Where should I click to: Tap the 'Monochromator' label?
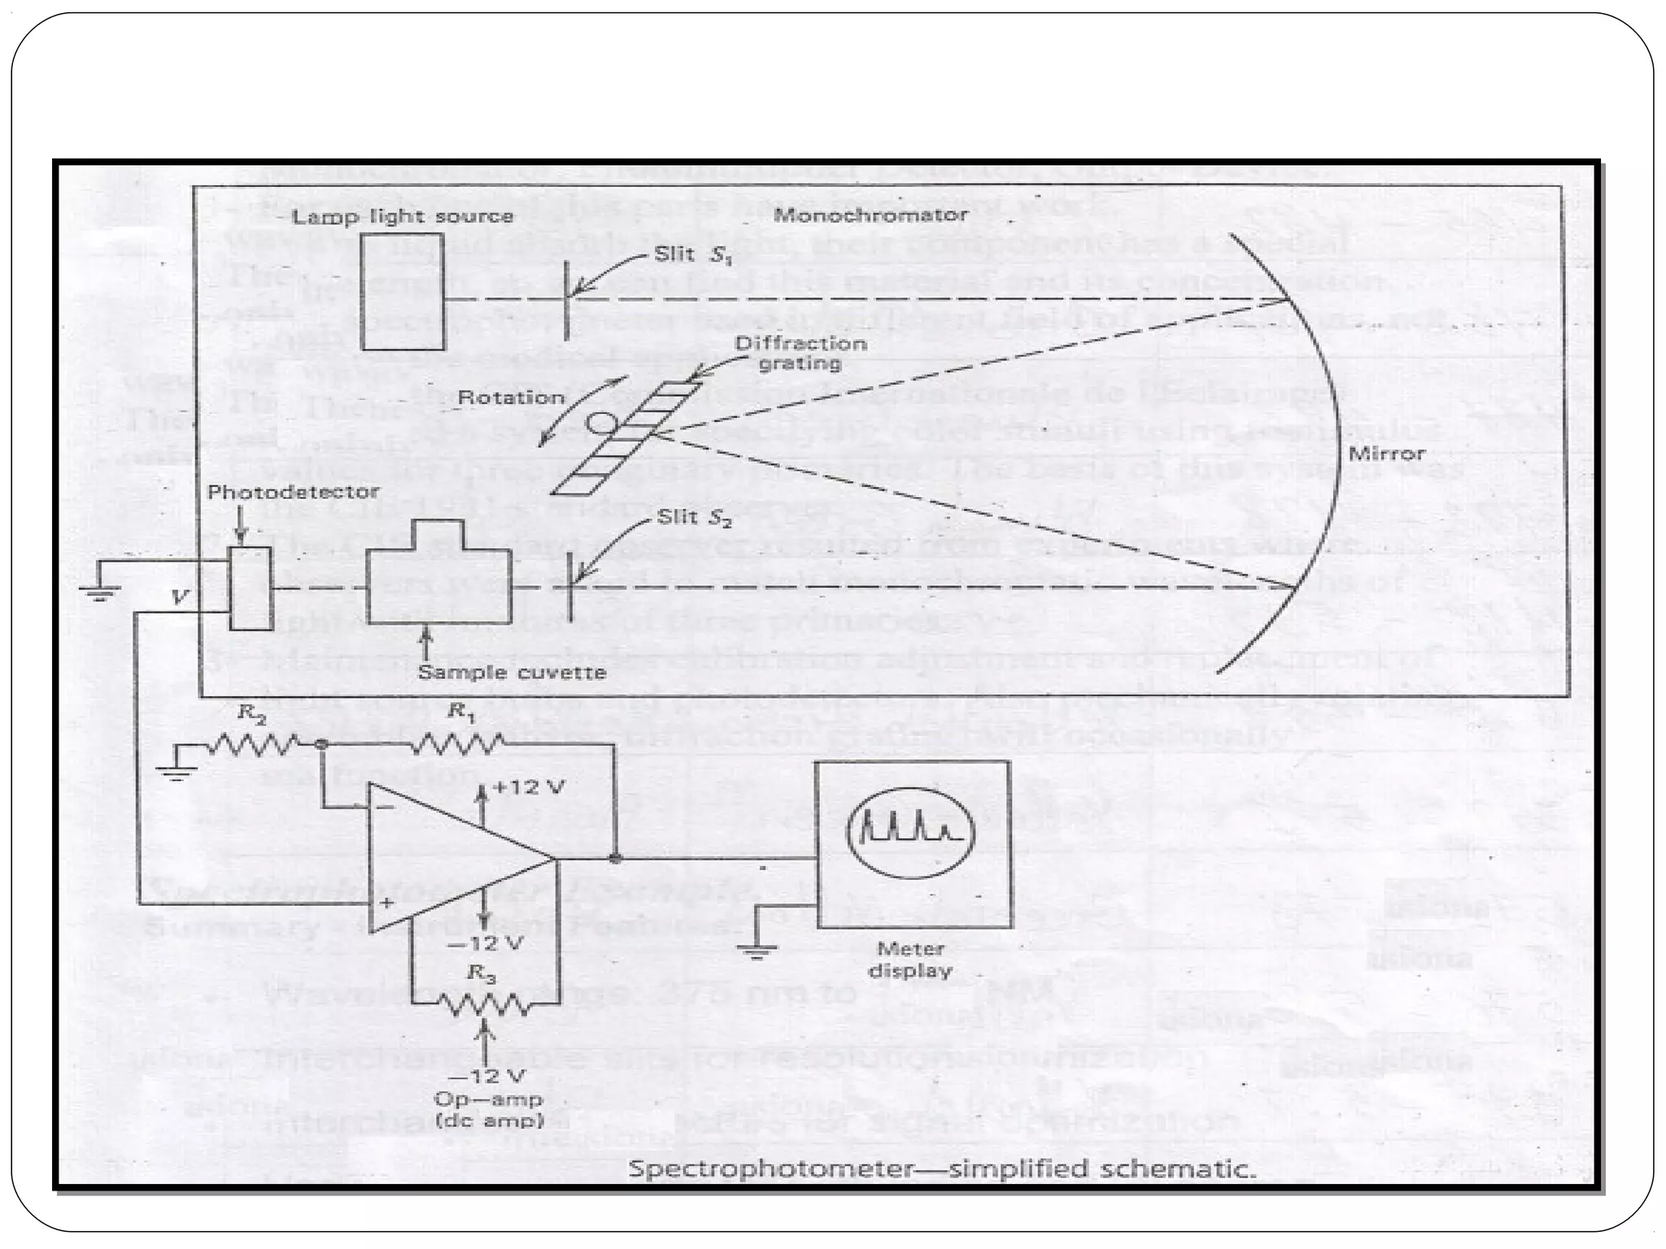[870, 215]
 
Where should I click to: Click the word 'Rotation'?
[511, 398]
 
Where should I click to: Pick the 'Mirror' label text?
[1386, 454]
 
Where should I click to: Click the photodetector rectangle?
[250, 588]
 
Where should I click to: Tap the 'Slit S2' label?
[695, 517]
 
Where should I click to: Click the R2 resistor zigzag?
[255, 744]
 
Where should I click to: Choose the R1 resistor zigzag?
[458, 742]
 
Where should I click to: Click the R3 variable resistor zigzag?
[483, 1005]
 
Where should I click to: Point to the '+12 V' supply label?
[529, 787]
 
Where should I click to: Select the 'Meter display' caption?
[910, 960]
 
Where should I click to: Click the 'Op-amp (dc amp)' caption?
[488, 1110]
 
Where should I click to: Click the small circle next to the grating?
[603, 422]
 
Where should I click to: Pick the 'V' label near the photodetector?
[180, 597]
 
